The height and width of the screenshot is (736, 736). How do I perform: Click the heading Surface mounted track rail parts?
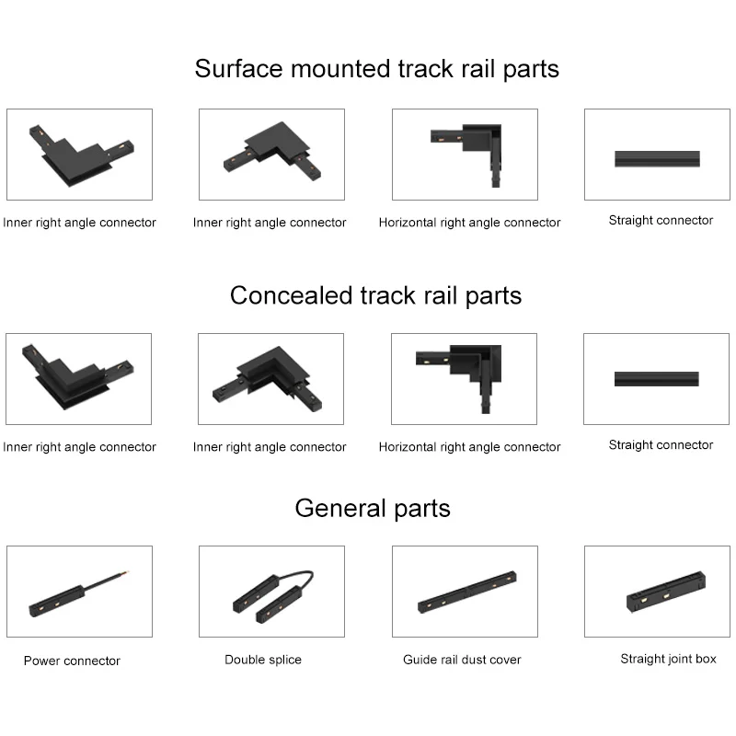[x=376, y=69]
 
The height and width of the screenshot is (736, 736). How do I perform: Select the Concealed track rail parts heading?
[x=375, y=295]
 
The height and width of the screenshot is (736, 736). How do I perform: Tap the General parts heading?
[x=373, y=508]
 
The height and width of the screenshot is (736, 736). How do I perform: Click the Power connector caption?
[x=72, y=661]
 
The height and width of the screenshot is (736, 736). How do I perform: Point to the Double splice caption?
[x=263, y=660]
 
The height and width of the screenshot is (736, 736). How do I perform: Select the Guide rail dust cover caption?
[x=462, y=660]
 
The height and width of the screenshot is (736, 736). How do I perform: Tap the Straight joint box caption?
[x=668, y=659]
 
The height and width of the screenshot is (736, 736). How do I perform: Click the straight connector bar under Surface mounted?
[x=657, y=158]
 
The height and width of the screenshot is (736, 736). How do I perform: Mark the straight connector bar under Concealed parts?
[x=656, y=379]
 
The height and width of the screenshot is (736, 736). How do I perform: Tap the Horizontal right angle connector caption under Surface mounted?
[x=469, y=223]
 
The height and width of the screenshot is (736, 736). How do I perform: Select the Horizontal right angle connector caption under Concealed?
[x=469, y=447]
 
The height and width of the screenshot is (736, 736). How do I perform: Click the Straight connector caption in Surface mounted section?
[x=661, y=221]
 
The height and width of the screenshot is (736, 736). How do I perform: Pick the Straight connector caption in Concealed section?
[x=661, y=445]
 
